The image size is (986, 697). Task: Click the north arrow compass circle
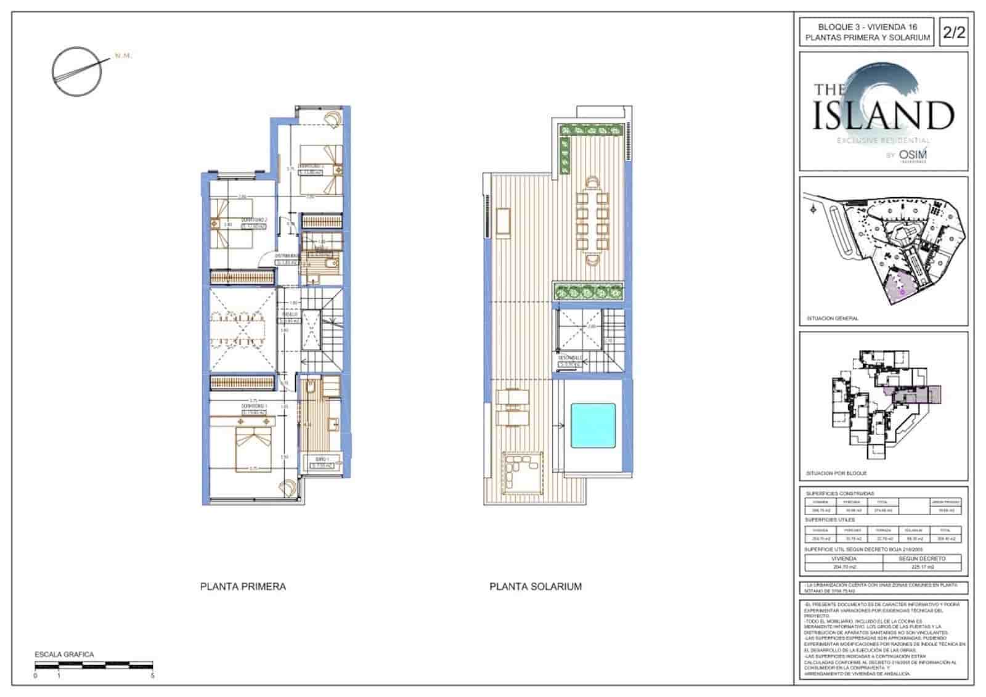(76, 71)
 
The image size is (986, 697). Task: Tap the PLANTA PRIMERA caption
(243, 586)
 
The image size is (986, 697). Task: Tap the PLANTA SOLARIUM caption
(535, 586)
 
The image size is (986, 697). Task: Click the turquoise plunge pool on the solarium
(593, 425)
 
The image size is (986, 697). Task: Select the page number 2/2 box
(953, 32)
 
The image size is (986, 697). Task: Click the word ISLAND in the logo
(883, 115)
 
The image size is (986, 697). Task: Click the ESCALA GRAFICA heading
(64, 654)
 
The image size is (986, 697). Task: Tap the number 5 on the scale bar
(152, 675)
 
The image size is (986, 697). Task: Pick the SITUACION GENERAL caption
(832, 319)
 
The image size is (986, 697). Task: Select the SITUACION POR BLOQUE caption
(836, 473)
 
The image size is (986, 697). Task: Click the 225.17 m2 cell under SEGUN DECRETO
(922, 566)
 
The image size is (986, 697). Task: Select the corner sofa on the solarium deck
(523, 471)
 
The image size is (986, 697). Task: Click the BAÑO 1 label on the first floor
(322, 459)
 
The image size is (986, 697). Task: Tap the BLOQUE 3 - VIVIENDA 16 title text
(867, 27)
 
